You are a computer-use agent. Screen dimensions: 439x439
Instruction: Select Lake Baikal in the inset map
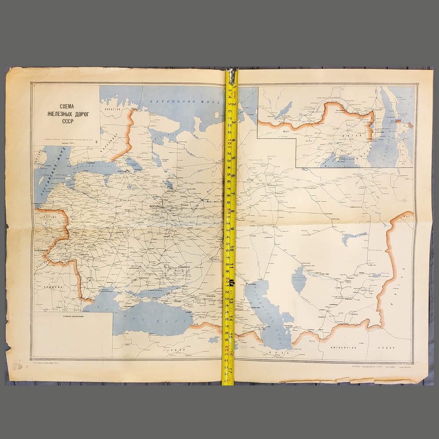[283, 110]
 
